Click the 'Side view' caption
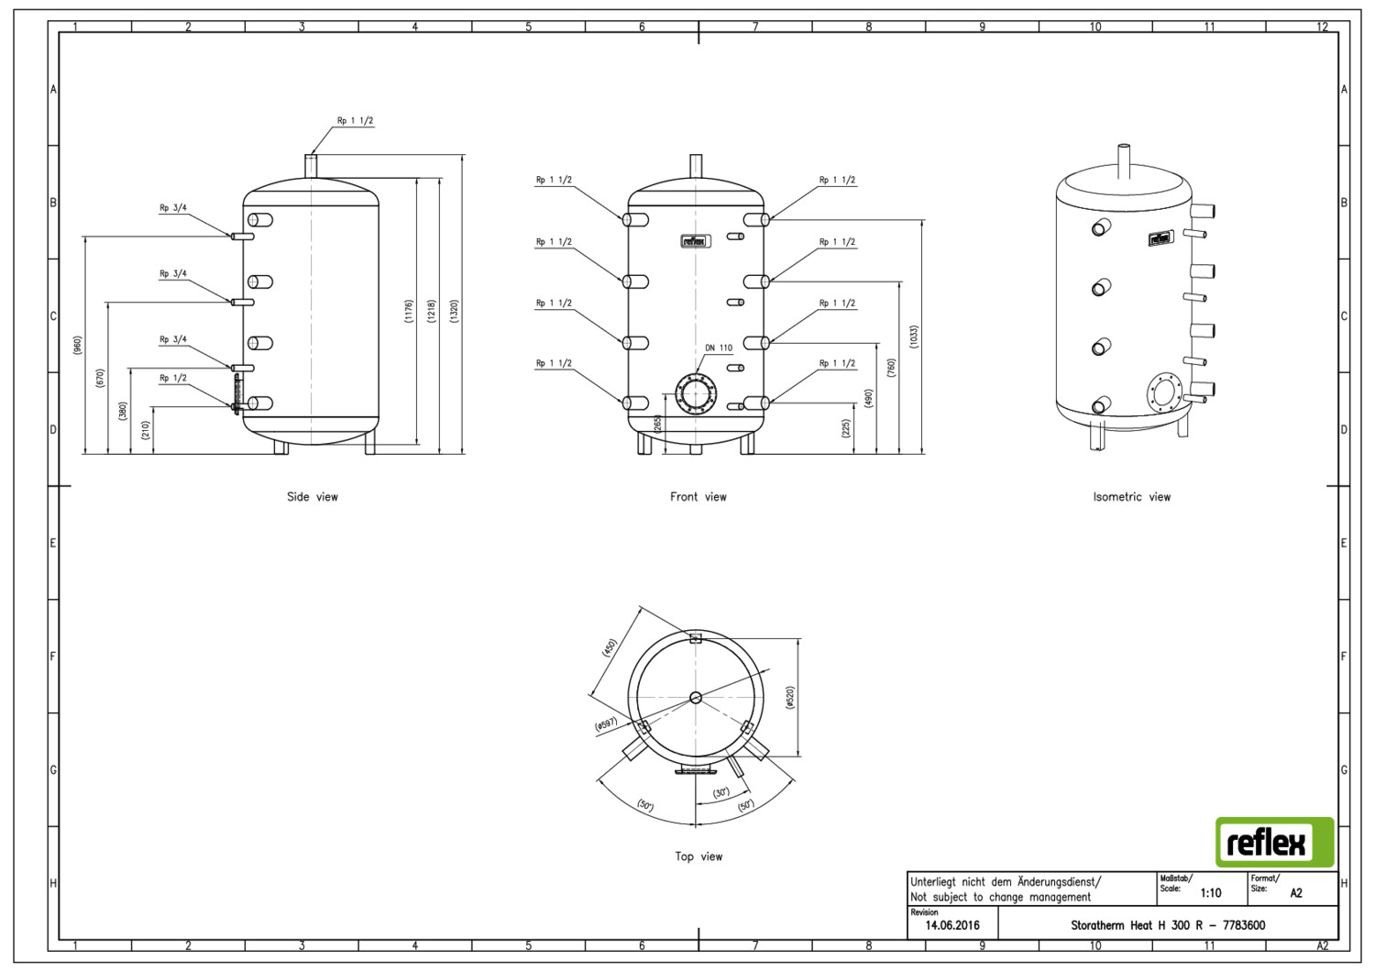coord(313,497)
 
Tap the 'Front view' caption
coord(698,497)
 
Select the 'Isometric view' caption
coord(1131,497)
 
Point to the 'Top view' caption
coord(698,856)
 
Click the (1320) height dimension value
coord(455,311)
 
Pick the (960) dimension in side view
coord(78,346)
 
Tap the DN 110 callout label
coord(719,348)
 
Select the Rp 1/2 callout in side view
coord(172,378)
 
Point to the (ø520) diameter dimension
coord(790,697)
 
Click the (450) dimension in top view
coord(610,648)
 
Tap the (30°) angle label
coord(721,792)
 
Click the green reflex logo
coord(1274,842)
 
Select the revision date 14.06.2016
coord(952,925)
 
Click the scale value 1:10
coord(1210,892)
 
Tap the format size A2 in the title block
coord(1295,892)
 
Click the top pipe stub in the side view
coord(311,167)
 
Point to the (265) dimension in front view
coord(657,424)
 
